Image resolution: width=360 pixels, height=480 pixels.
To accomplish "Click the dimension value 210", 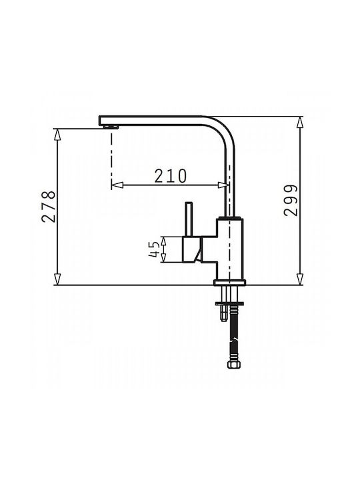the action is point(171,176).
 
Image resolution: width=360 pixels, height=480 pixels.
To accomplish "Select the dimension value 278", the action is point(49,207).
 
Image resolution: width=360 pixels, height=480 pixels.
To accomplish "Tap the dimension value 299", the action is point(290,201).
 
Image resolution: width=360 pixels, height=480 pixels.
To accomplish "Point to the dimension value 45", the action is point(155,249).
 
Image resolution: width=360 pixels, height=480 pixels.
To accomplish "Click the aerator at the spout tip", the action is point(111,127).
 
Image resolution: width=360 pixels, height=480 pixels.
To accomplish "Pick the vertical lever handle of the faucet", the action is point(189,219).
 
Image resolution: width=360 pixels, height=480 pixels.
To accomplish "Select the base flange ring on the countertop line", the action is point(230,282).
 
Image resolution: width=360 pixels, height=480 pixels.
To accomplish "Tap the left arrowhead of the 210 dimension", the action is point(117,185).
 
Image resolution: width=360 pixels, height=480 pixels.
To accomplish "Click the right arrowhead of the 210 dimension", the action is point(223,185).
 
